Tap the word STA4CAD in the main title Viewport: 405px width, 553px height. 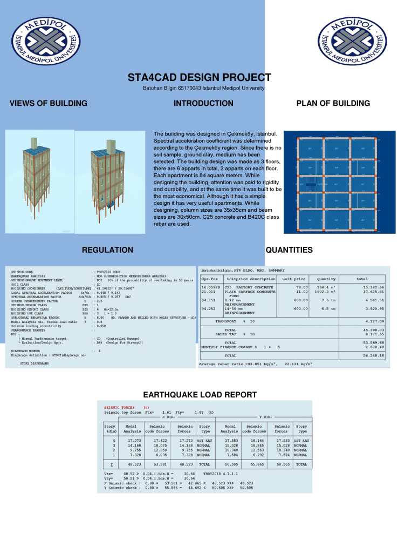pos(155,77)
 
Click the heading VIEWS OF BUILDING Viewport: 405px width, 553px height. pos(49,103)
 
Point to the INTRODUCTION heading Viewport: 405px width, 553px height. pos(203,103)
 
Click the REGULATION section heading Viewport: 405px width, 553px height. pos(107,250)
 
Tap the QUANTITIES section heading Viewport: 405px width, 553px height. pos(289,250)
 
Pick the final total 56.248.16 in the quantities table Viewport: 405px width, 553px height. pos(373,356)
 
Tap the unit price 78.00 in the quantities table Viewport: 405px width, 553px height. pos(301,287)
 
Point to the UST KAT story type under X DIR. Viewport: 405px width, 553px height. pos(204,441)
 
